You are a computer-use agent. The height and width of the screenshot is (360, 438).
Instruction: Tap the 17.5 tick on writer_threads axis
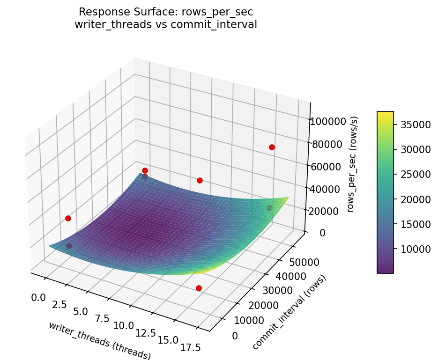(192, 347)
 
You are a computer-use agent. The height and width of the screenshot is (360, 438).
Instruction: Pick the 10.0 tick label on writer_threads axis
(124, 325)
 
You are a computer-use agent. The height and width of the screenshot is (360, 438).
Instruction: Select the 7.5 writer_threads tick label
(102, 318)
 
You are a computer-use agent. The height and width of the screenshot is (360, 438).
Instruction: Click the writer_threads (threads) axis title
(99, 340)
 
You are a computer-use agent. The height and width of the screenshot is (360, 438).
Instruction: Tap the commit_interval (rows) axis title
(289, 312)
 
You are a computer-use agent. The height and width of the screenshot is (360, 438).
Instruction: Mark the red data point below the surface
(199, 288)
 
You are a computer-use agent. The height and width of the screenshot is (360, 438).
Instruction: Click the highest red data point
(272, 147)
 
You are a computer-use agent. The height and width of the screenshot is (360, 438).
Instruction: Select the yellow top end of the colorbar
(385, 114)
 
